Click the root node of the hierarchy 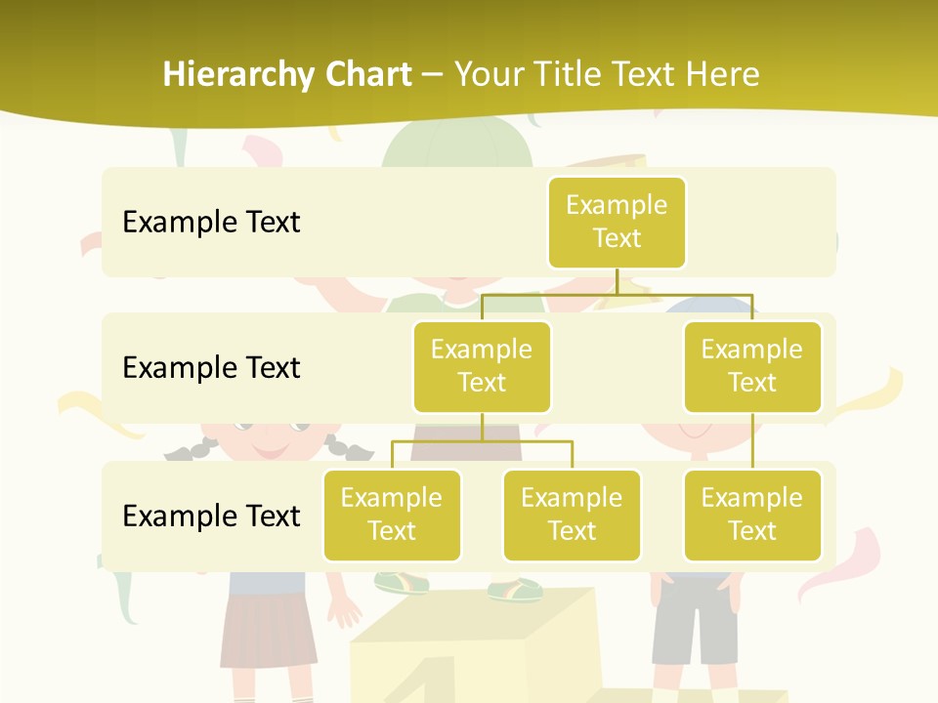pos(617,222)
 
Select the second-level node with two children pos(482,366)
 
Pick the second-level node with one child pos(752,366)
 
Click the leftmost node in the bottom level pos(392,515)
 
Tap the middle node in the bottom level pos(572,515)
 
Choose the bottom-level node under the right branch pos(752,515)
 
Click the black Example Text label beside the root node pos(211,223)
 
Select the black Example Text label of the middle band pos(211,368)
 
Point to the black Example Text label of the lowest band pos(211,516)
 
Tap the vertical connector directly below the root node pos(617,280)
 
